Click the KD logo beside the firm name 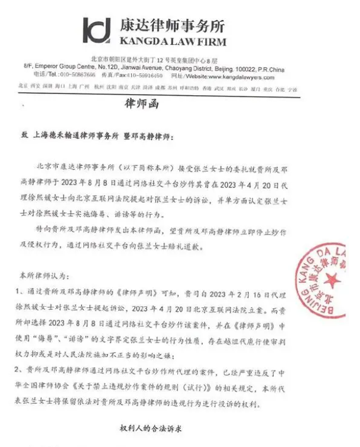[x=96, y=30]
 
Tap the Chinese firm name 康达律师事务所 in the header [x=171, y=26]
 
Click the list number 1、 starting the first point [x=22, y=293]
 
